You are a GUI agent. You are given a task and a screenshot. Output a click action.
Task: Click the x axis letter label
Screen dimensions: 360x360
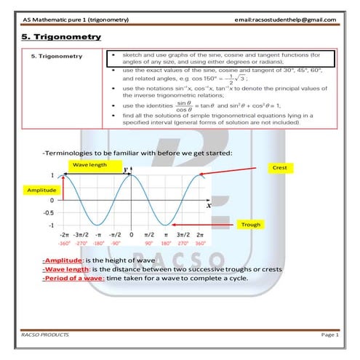click(209, 205)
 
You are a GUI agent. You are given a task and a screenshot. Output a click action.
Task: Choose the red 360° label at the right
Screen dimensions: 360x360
click(200, 244)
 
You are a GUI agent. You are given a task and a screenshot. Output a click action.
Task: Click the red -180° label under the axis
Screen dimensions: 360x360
click(97, 244)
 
